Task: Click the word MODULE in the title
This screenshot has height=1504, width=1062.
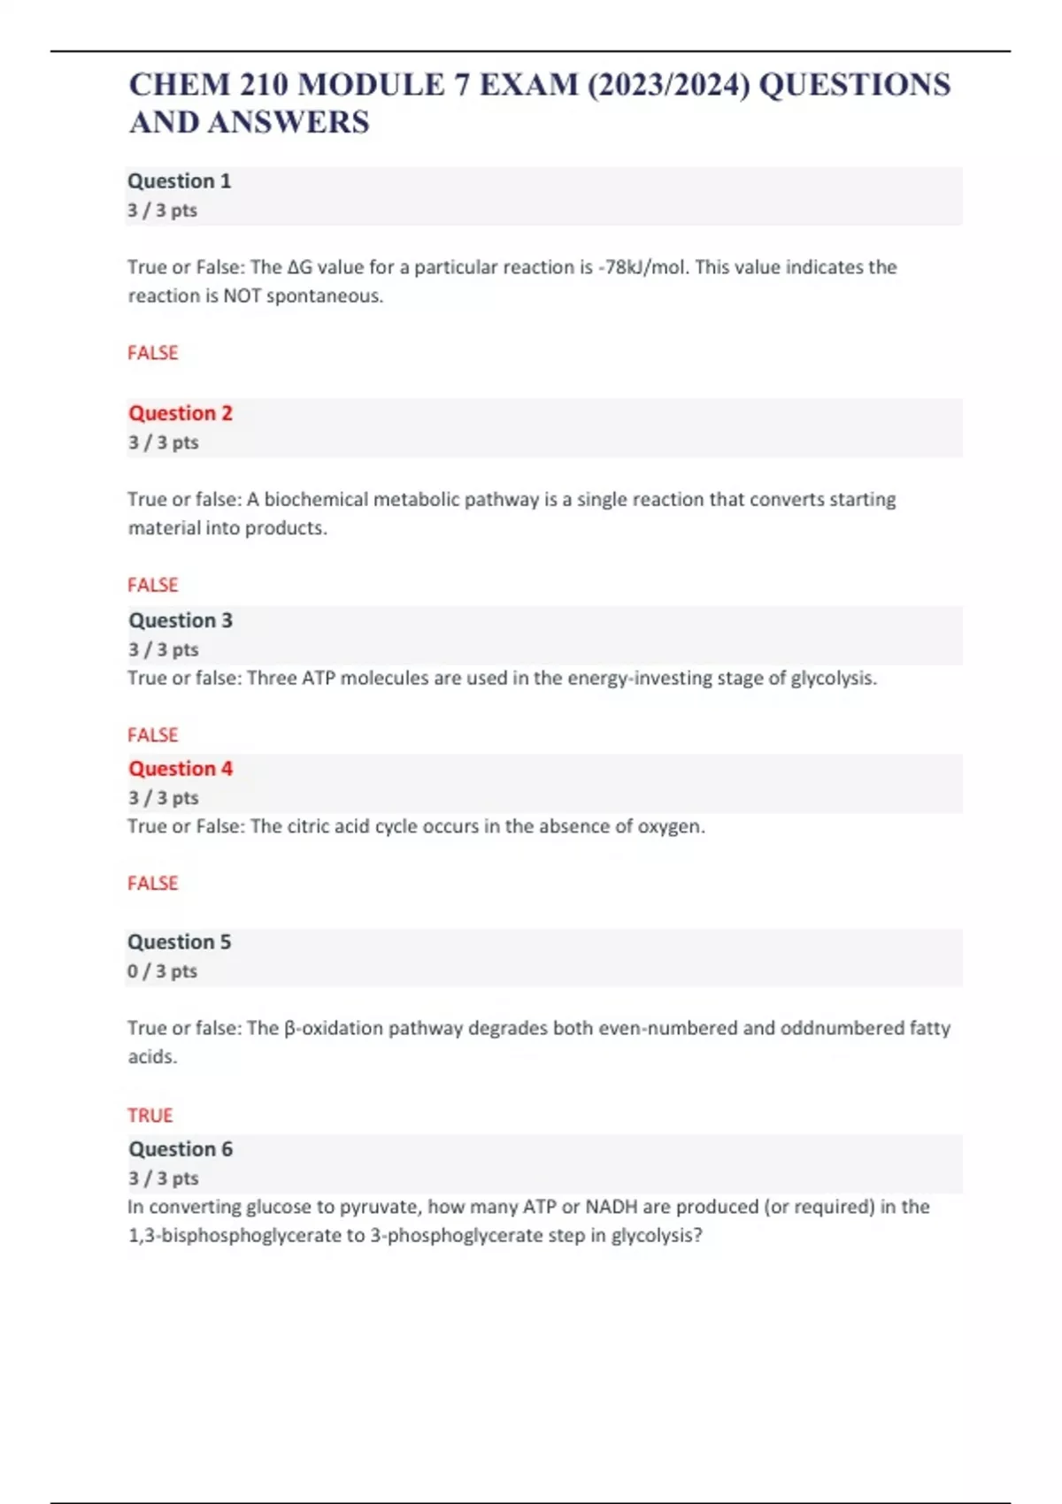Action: tap(371, 85)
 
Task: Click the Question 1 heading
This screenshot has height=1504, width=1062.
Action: tap(179, 181)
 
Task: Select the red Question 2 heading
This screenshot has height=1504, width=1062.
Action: tap(181, 413)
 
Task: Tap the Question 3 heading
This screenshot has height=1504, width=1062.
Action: tap(181, 620)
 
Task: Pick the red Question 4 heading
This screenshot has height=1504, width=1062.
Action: tap(181, 769)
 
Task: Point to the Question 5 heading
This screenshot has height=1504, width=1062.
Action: tap(179, 942)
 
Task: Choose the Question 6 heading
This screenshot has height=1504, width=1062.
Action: tap(181, 1149)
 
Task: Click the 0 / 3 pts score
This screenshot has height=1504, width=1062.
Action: tap(162, 971)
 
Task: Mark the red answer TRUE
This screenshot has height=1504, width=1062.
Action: tap(150, 1116)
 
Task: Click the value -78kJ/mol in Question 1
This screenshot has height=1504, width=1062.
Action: tap(643, 267)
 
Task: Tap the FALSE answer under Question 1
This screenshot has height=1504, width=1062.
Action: tap(153, 353)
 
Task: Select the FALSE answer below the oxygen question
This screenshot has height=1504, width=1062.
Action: tap(153, 884)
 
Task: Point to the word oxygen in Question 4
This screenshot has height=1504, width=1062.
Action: tap(670, 827)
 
